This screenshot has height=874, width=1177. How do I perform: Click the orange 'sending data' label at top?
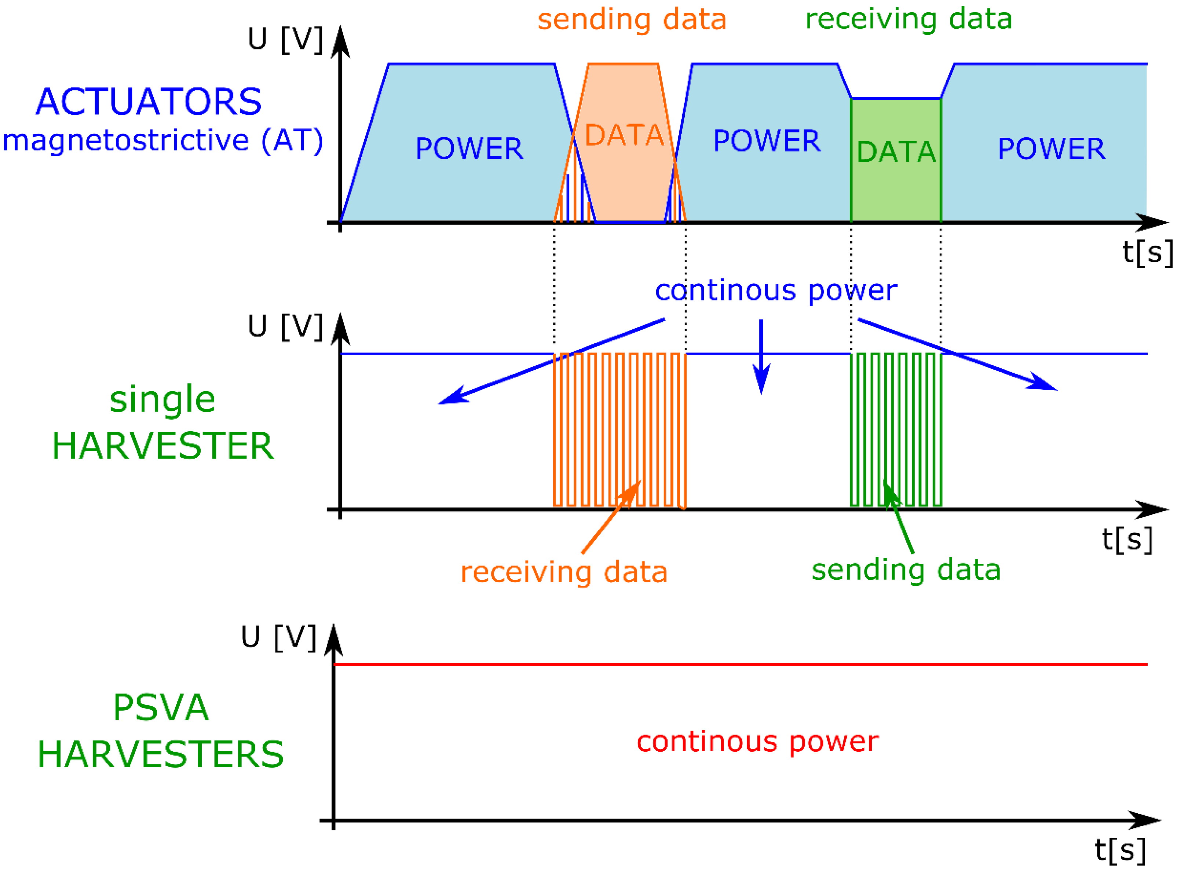[x=632, y=20]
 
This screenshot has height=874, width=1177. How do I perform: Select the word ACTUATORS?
[x=149, y=102]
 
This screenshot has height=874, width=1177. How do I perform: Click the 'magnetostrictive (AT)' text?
[x=162, y=141]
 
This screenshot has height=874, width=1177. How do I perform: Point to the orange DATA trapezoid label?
[x=624, y=135]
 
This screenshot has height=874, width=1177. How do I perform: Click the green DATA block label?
[x=896, y=152]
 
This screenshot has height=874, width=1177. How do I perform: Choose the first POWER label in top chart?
[x=469, y=149]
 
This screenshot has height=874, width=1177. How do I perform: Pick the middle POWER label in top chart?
[x=767, y=141]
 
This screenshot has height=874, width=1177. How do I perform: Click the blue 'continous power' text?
[x=776, y=291]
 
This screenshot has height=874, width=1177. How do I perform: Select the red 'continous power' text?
[x=757, y=742]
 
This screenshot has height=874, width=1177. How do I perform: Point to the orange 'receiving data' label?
[x=564, y=573]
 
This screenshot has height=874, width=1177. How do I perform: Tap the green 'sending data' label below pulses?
[x=906, y=570]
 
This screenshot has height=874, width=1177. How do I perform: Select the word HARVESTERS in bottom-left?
[x=161, y=754]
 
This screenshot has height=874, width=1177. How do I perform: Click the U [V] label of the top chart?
[x=285, y=39]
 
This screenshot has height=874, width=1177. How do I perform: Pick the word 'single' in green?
[x=162, y=400]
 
